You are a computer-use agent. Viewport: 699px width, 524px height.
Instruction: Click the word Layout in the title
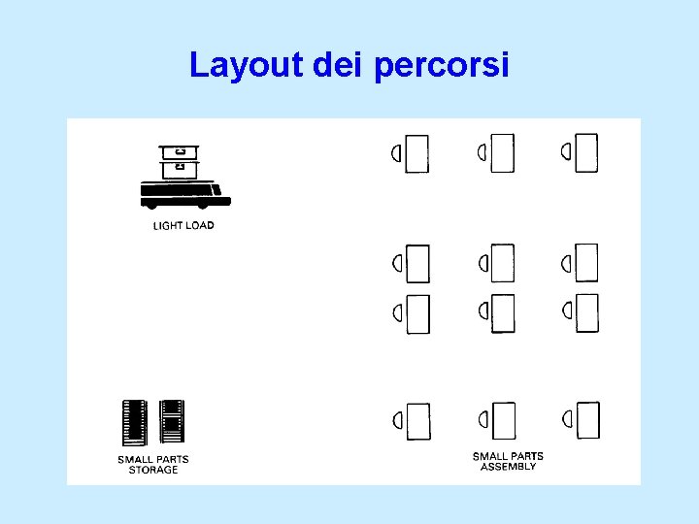248,65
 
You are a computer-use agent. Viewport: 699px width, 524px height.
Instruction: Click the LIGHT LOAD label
183,226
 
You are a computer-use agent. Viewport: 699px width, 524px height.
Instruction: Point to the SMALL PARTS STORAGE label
153,465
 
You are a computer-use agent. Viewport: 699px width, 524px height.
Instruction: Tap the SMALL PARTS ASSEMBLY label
508,461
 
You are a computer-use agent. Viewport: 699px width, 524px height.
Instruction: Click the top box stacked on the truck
179,152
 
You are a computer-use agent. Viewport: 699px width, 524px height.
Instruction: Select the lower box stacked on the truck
179,170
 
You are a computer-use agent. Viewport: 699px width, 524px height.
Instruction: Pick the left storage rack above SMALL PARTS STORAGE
134,423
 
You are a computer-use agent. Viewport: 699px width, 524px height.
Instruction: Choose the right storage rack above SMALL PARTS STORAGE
171,423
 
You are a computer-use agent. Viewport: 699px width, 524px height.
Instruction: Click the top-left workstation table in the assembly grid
417,153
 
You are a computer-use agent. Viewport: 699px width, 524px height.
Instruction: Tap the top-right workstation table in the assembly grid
586,153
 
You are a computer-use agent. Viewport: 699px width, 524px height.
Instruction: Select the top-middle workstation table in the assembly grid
503,153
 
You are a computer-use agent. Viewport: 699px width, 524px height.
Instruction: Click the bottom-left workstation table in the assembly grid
418,420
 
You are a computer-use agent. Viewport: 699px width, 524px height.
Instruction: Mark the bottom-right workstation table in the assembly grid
587,420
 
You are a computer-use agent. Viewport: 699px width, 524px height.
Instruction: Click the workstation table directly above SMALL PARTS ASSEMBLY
504,420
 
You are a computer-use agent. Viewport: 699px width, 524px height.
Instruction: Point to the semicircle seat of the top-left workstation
396,153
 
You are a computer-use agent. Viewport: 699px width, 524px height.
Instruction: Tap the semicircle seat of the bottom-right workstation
566,419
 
